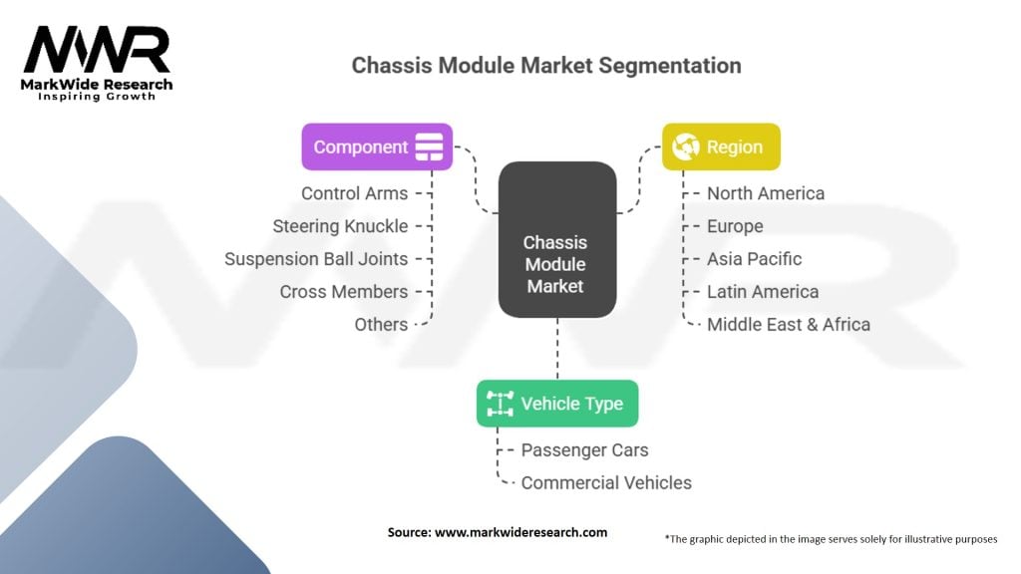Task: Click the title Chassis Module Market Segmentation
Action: click(x=546, y=66)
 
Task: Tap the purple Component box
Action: click(x=377, y=146)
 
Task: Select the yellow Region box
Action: click(x=721, y=146)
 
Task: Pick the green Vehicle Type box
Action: click(x=557, y=404)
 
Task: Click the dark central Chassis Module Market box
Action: click(x=556, y=240)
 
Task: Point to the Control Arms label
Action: click(x=354, y=193)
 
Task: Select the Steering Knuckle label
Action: click(x=340, y=226)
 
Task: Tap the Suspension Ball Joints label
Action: click(x=316, y=259)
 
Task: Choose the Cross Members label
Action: click(x=343, y=292)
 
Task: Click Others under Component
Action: click(x=381, y=325)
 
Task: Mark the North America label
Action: click(x=766, y=193)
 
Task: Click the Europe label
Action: click(x=735, y=226)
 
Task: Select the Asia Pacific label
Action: click(x=754, y=259)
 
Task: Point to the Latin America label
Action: click(x=763, y=292)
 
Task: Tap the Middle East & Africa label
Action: click(x=789, y=325)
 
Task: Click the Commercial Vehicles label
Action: click(x=606, y=483)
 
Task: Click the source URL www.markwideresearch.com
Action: click(x=521, y=533)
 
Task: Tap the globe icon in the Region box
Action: click(x=685, y=147)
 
